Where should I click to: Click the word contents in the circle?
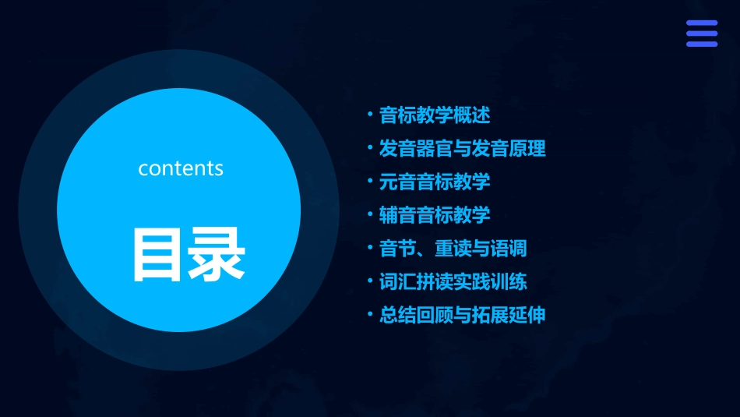point(181,168)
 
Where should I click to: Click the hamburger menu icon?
point(701,34)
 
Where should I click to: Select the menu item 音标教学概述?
point(434,115)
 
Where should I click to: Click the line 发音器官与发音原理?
point(462,148)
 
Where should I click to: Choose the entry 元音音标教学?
point(434,182)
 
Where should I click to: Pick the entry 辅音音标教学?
point(434,214)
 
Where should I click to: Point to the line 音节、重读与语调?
point(453,248)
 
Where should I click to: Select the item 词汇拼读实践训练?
point(453,281)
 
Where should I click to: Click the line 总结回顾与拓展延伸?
point(462,315)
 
